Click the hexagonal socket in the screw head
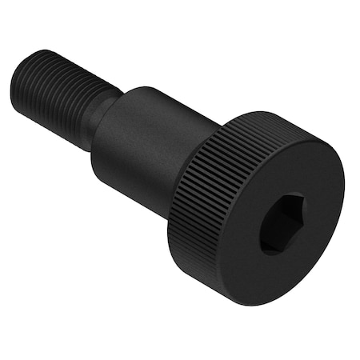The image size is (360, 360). click(x=281, y=223)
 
